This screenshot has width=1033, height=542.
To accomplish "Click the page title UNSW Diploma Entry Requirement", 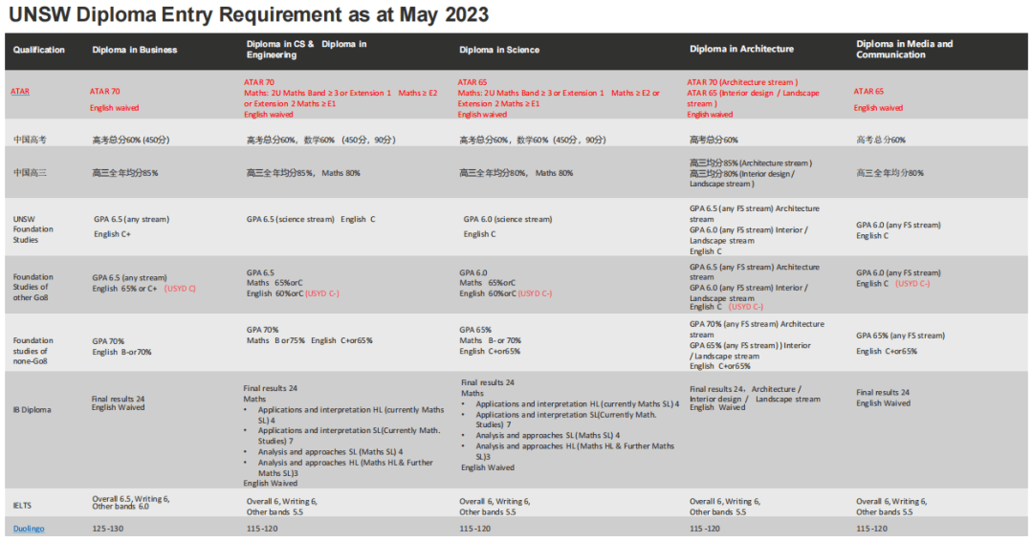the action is click(249, 14).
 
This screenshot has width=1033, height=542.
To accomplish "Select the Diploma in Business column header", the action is click(134, 50).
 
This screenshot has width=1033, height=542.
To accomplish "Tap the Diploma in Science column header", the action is click(498, 50).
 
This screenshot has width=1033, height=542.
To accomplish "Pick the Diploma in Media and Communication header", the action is click(904, 49).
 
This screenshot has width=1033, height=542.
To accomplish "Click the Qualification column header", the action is click(39, 50).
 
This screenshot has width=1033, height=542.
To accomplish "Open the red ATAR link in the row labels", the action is click(20, 92).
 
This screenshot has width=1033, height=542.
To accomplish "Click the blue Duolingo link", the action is click(29, 528).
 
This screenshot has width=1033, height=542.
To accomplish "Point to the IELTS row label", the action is click(23, 505).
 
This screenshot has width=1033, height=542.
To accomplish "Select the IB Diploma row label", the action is click(33, 409).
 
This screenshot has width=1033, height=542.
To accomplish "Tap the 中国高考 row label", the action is click(30, 140).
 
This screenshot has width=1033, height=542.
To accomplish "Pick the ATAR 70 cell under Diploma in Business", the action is click(105, 92).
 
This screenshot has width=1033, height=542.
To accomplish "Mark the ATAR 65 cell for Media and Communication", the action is click(868, 92).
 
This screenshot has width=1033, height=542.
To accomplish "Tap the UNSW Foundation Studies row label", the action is click(33, 229).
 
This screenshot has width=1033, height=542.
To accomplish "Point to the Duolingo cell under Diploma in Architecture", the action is click(706, 528).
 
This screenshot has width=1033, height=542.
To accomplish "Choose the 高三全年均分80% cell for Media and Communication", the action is click(890, 173).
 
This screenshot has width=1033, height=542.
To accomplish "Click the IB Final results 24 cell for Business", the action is click(119, 402).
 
